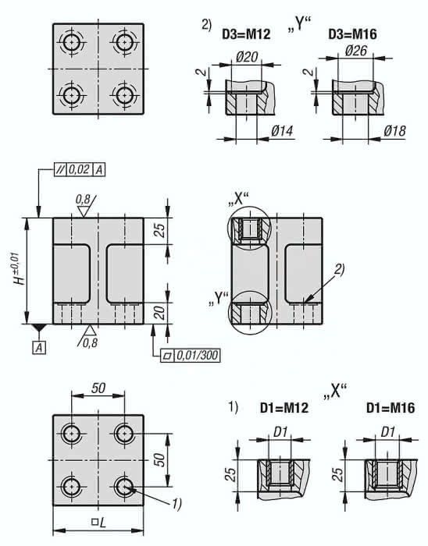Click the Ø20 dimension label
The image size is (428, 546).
click(x=247, y=57)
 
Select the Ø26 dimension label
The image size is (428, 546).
click(x=356, y=51)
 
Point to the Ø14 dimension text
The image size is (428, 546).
click(x=282, y=131)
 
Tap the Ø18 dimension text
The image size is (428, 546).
click(x=395, y=130)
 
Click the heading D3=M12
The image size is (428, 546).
click(x=246, y=34)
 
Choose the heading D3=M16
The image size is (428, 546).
click(x=352, y=34)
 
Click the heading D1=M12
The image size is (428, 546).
click(x=284, y=408)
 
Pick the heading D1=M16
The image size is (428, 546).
click(x=391, y=408)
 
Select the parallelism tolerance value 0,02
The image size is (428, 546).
click(x=79, y=169)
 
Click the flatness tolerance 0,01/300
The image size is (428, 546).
click(x=197, y=356)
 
